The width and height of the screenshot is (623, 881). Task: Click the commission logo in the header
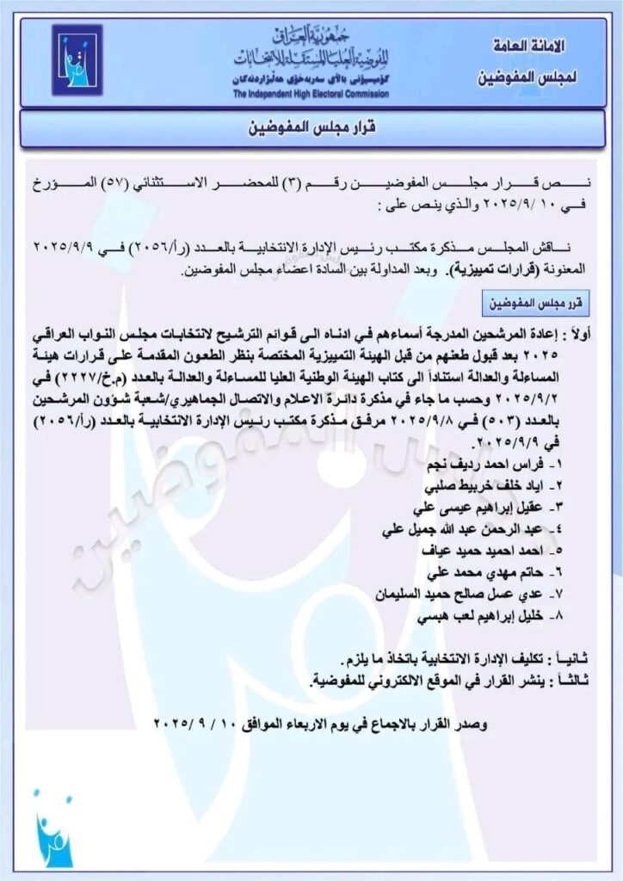[77, 61]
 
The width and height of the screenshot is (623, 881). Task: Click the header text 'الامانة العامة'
[525, 44]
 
